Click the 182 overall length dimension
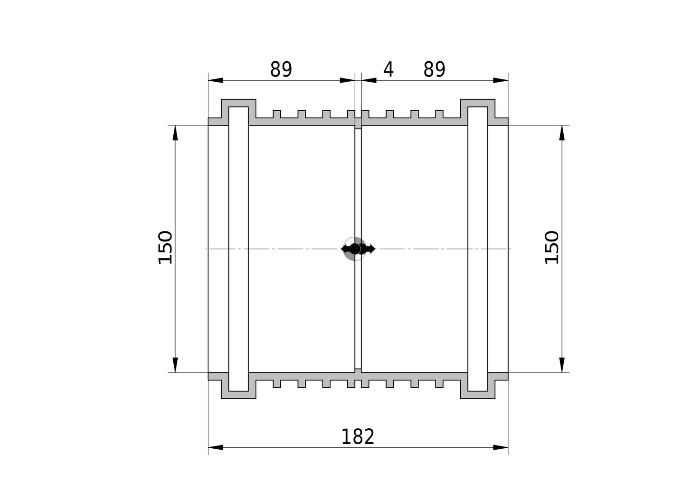[x=358, y=437]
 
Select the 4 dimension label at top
[x=388, y=69]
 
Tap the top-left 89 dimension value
[x=281, y=69]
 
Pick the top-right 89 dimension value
[x=434, y=69]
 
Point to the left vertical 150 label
[x=165, y=247]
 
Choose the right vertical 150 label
[x=552, y=247]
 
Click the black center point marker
[x=355, y=249]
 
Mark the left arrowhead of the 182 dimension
[x=215, y=448]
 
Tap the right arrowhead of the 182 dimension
[x=501, y=448]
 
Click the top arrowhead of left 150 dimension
[x=175, y=133]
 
